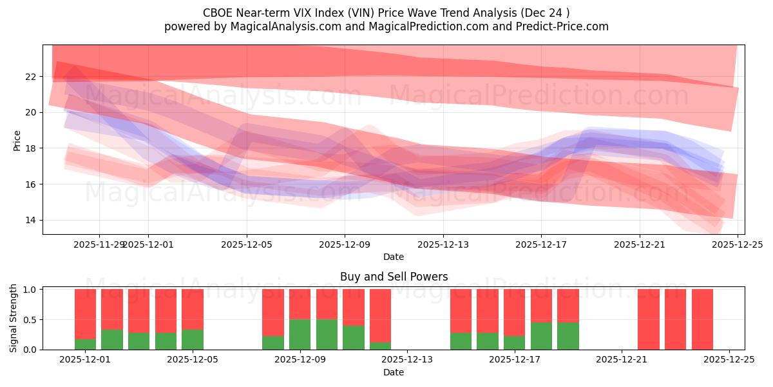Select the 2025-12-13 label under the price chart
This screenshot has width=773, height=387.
click(x=443, y=244)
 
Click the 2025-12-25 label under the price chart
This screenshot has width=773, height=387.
click(x=737, y=244)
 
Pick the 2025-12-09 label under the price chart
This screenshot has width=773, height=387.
click(x=345, y=244)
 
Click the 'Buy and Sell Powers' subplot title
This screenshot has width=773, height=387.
click(x=394, y=277)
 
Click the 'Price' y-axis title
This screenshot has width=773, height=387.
click(x=17, y=140)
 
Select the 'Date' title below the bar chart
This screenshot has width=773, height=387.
click(x=394, y=372)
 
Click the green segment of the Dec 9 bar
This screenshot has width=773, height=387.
click(x=327, y=334)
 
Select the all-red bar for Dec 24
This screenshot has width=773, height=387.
click(x=702, y=319)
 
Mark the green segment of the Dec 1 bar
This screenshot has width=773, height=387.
click(x=85, y=344)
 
